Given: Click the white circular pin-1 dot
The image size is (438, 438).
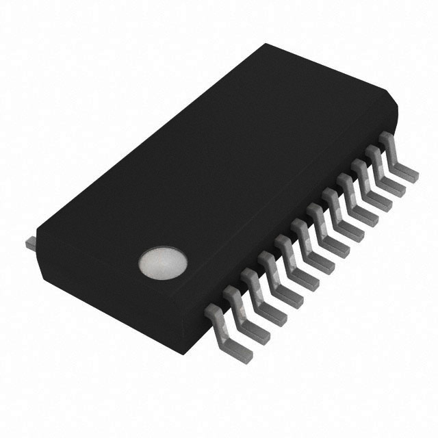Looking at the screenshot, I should (x=162, y=262).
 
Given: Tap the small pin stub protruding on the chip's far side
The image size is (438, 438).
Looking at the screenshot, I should (x=29, y=242).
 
